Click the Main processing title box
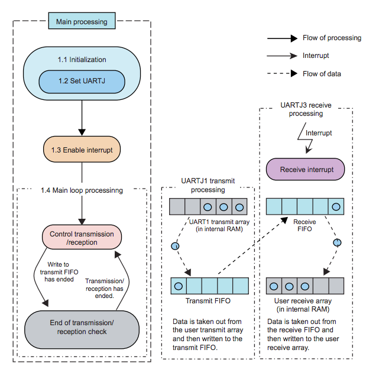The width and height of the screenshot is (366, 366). tap(82, 22)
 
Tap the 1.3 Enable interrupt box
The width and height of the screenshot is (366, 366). tap(82, 150)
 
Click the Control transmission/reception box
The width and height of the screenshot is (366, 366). tap(82, 238)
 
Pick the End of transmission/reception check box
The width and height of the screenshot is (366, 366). tap(82, 327)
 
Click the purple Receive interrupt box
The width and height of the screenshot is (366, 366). tap(306, 170)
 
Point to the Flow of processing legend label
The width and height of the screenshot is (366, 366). tap(332, 38)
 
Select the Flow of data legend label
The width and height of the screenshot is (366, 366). tap(322, 74)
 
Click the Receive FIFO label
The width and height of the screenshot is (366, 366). tap(305, 225)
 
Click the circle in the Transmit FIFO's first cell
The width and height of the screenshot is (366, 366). tap(177, 286)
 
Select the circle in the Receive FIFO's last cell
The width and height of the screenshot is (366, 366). tap(336, 206)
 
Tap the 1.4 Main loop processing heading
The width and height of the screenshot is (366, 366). tap(82, 190)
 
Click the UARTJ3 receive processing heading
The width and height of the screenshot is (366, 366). tap(306, 109)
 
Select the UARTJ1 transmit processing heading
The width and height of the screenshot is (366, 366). tap(208, 186)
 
